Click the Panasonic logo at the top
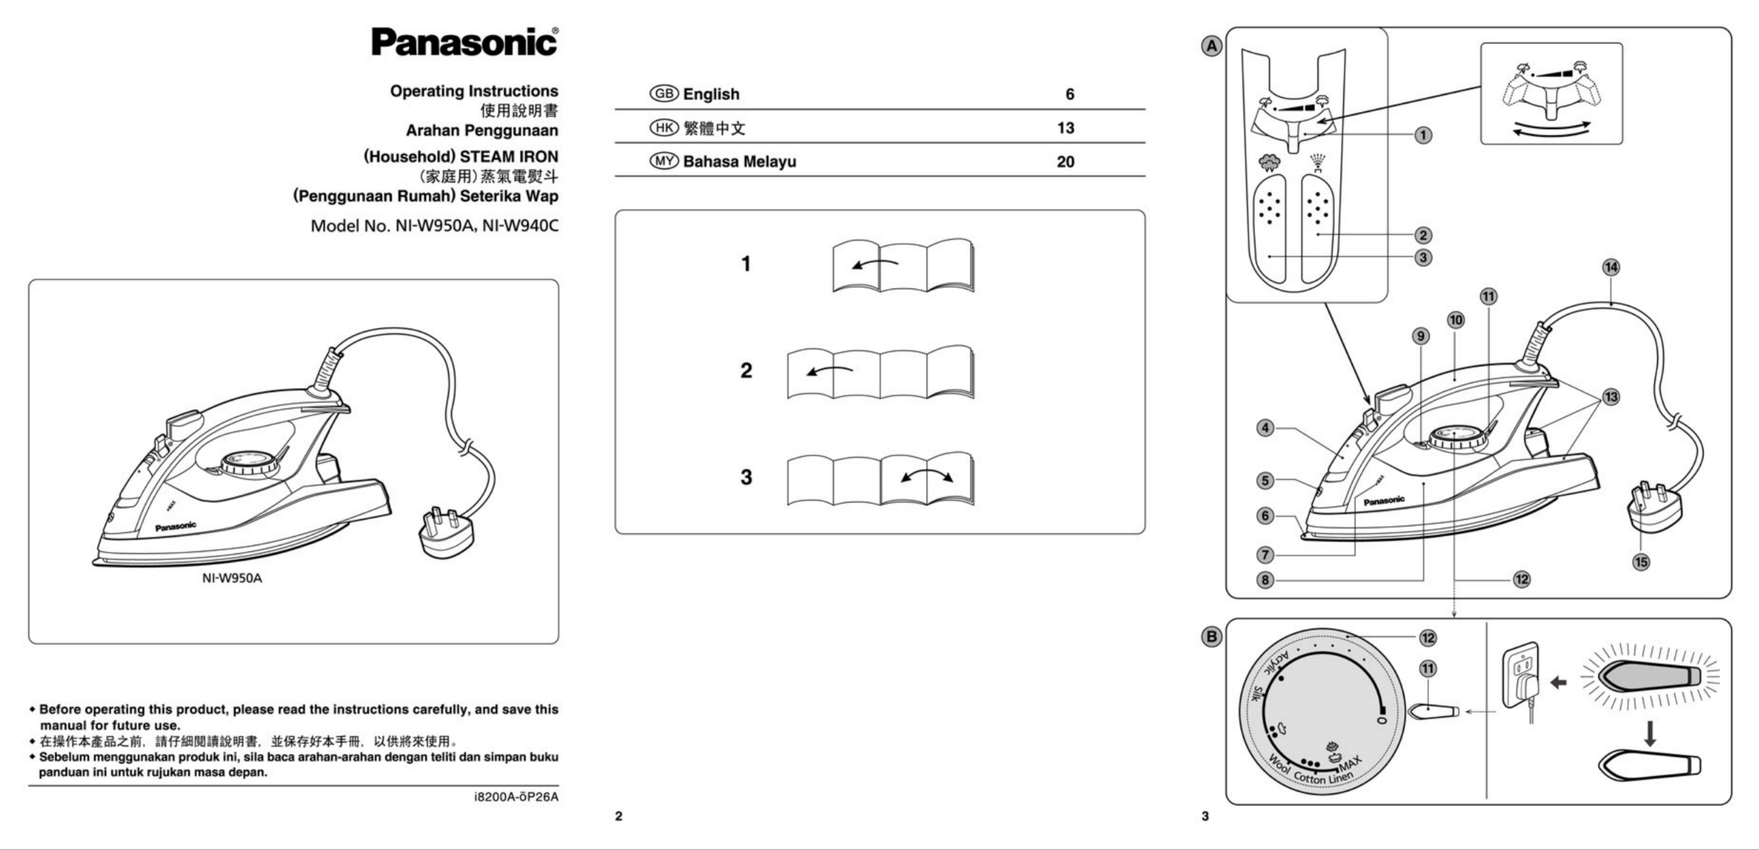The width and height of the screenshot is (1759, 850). [464, 42]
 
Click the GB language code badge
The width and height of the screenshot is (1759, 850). [664, 94]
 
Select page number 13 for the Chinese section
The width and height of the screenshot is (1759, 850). [1065, 128]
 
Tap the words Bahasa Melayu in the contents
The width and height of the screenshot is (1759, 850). [740, 162]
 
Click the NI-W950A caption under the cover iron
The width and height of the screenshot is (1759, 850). [232, 578]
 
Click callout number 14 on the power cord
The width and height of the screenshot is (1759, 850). [1611, 267]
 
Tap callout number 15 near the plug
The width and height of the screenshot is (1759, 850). [1641, 561]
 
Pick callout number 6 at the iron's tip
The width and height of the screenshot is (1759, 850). [1265, 516]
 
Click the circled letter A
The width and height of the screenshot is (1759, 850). [1211, 46]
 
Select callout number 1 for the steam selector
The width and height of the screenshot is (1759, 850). [1423, 135]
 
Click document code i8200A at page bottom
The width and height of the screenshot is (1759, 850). [516, 796]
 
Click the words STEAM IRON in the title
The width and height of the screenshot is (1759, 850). [509, 156]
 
